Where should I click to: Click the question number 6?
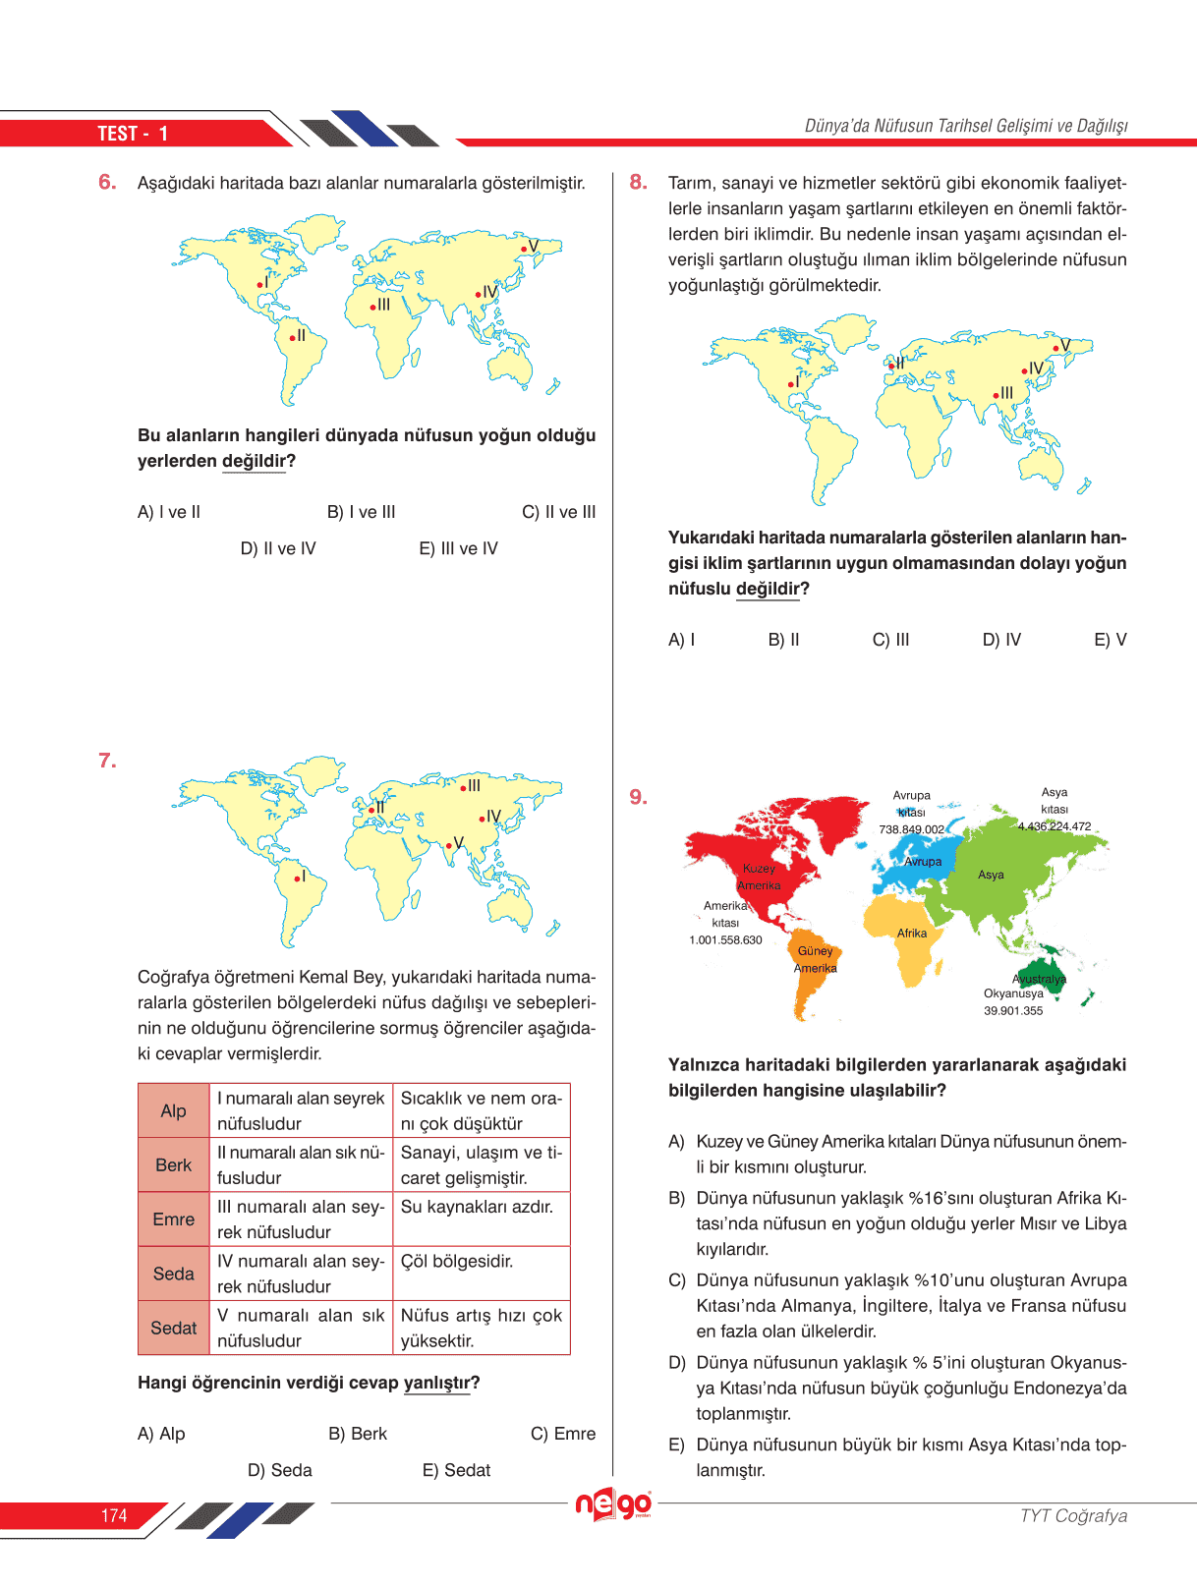click(x=107, y=182)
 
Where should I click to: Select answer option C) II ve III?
click(x=558, y=512)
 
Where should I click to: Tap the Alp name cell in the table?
click(x=173, y=1110)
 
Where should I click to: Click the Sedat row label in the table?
click(x=173, y=1328)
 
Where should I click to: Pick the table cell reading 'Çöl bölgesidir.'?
click(x=457, y=1262)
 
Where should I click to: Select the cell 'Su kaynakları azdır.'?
click(x=477, y=1207)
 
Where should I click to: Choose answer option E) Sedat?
click(x=456, y=1470)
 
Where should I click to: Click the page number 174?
click(x=114, y=1515)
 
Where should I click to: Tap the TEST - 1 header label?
click(x=133, y=134)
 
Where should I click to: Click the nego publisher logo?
click(x=613, y=1504)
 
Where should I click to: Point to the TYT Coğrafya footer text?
click(x=1073, y=1515)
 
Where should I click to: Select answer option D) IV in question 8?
click(x=1001, y=640)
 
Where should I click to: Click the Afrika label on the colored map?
click(x=911, y=934)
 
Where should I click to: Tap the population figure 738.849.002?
click(x=911, y=829)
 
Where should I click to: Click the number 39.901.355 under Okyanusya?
click(x=1013, y=1011)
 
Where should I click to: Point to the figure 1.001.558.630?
click(x=725, y=940)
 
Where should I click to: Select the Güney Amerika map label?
click(x=816, y=959)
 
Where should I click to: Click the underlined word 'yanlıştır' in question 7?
click(x=436, y=1383)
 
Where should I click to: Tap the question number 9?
click(x=638, y=797)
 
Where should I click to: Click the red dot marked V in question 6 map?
click(x=524, y=249)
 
